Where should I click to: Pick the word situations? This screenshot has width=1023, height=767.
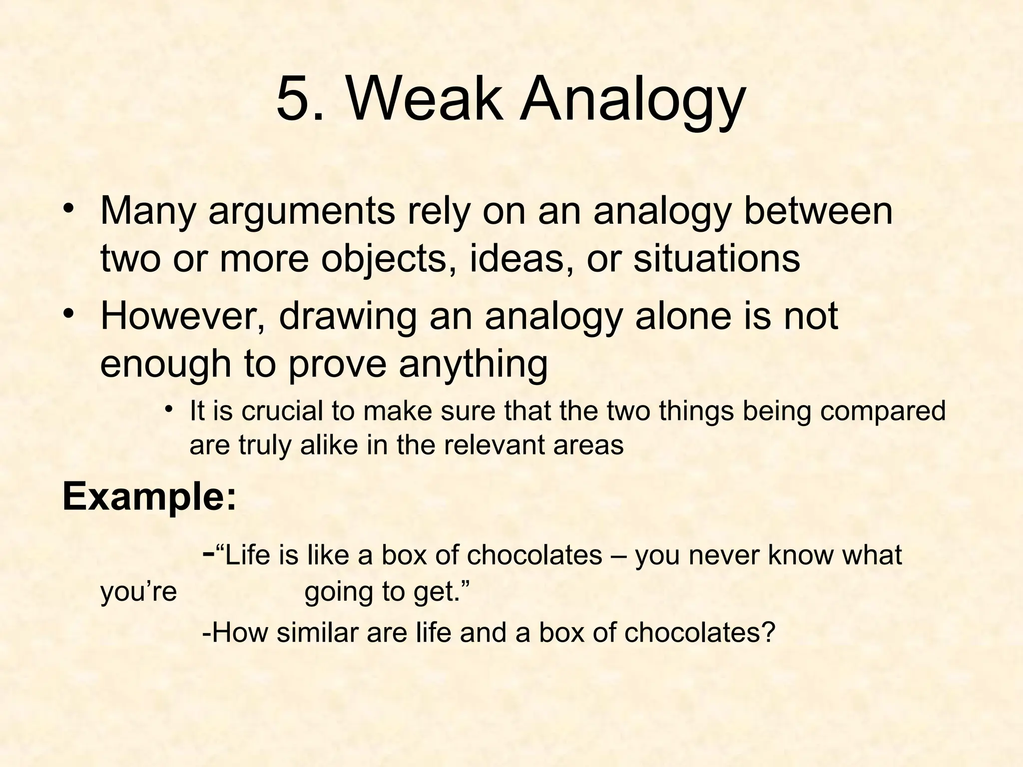tap(716, 259)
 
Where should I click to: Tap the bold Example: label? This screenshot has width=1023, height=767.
tap(149, 498)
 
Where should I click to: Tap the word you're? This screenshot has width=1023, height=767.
tap(139, 592)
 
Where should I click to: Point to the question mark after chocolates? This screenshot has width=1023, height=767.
tap(767, 633)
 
